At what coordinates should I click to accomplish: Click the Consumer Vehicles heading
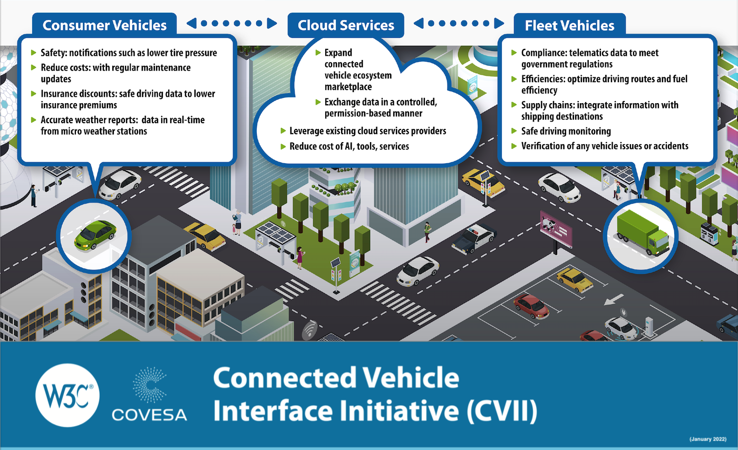pos(104,25)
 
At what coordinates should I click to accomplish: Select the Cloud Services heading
pos(346,25)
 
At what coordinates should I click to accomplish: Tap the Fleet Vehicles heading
pos(569,25)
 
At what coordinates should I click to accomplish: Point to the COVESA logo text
pos(149,414)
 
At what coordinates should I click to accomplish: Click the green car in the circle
pos(95,235)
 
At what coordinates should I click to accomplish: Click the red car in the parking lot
pos(531,306)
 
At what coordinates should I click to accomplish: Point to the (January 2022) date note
pos(708,438)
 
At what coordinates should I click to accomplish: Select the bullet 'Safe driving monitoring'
pos(566,131)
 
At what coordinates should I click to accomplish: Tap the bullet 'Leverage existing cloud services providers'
pos(368,131)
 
